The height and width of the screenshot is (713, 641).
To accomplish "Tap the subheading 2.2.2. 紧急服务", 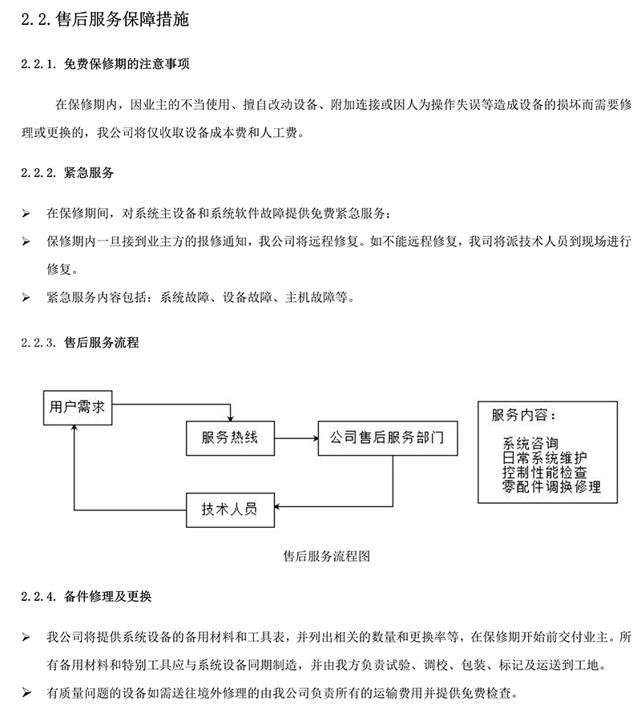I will (x=68, y=173).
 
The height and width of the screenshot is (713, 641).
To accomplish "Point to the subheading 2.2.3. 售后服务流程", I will (x=80, y=343).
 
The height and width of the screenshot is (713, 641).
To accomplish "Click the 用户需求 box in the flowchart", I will (x=77, y=407).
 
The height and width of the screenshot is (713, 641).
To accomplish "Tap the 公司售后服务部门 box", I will (x=387, y=438).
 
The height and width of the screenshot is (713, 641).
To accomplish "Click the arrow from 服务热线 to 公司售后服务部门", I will (x=296, y=438).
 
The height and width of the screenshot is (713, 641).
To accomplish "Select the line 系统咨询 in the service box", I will (x=530, y=444).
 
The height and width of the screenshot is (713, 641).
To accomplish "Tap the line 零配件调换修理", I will (x=551, y=485).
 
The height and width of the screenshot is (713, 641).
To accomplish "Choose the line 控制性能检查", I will (x=544, y=472).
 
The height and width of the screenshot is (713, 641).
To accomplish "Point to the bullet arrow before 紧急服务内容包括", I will (x=26, y=297).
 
